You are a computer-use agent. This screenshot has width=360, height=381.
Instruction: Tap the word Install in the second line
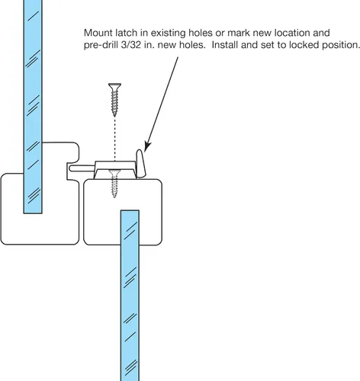[225, 45]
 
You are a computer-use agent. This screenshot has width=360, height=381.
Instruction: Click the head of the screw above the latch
[114, 86]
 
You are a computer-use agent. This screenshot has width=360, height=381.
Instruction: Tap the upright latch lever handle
[140, 163]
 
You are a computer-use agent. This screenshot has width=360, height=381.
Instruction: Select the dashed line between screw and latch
[114, 139]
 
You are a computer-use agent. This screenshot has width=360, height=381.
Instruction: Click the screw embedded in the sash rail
[114, 184]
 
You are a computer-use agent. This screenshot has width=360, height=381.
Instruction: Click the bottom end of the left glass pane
[33, 213]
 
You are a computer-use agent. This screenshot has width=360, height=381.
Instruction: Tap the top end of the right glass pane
[130, 211]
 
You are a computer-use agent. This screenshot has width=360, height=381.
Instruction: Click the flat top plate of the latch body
[115, 164]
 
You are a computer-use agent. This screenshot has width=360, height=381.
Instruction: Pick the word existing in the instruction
[169, 34]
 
